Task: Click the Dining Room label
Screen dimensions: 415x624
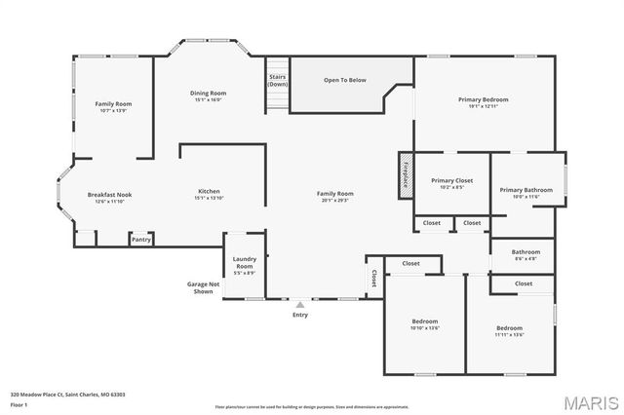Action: coord(209,93)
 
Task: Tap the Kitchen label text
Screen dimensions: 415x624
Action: coord(209,191)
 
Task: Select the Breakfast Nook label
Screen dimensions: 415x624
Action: coord(109,195)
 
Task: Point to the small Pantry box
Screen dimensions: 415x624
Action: coord(141,239)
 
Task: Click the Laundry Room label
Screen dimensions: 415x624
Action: coord(244,262)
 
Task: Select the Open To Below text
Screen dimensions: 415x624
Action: coord(345,80)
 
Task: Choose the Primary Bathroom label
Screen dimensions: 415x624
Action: coord(526,190)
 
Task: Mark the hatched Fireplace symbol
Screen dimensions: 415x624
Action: coord(404,176)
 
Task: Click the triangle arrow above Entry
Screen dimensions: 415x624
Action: coord(299,304)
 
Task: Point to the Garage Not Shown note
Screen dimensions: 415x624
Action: coord(203,287)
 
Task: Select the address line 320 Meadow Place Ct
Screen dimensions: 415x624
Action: coord(67,395)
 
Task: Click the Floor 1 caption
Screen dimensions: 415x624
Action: coord(19,403)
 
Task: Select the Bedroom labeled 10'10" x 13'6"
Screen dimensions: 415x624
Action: coord(424,324)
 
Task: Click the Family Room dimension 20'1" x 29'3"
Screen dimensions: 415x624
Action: coord(334,201)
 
